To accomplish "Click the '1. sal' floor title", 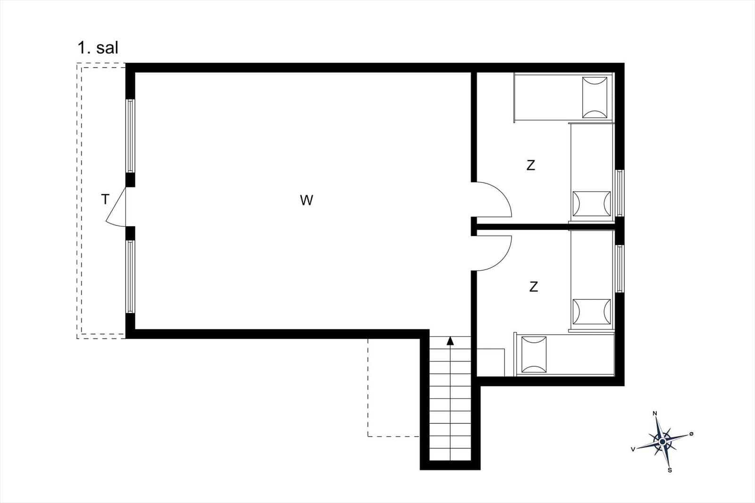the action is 98,48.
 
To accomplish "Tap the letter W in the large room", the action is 306,200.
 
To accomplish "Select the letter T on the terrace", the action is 105,199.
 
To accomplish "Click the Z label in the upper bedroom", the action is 531,165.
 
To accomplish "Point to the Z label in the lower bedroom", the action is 534,287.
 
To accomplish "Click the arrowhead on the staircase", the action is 450,341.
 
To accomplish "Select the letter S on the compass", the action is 670,470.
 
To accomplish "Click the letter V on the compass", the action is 633,449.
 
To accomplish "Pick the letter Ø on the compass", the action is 691,434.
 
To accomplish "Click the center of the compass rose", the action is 663,442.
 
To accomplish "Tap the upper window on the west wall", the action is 130,136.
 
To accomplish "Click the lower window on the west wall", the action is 130,277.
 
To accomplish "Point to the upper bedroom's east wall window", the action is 620,193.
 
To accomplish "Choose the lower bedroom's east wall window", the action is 620,269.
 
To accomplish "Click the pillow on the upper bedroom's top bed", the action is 595,98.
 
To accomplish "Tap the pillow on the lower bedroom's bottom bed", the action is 534,355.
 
